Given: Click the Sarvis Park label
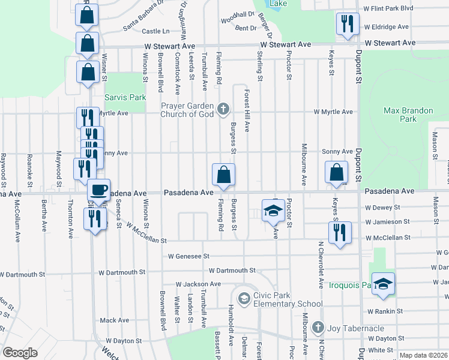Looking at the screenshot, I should tap(125, 97).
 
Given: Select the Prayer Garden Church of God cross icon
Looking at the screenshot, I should tap(223, 109).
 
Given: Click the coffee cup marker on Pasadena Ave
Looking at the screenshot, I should tap(98, 190).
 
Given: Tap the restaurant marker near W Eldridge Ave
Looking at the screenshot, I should tap(347, 25).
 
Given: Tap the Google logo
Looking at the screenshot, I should tap(20, 353).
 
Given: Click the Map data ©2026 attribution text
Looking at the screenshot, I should tap(424, 355).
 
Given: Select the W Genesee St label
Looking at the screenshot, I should tap(188, 256).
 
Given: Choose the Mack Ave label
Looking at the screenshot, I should tap(115, 320).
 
